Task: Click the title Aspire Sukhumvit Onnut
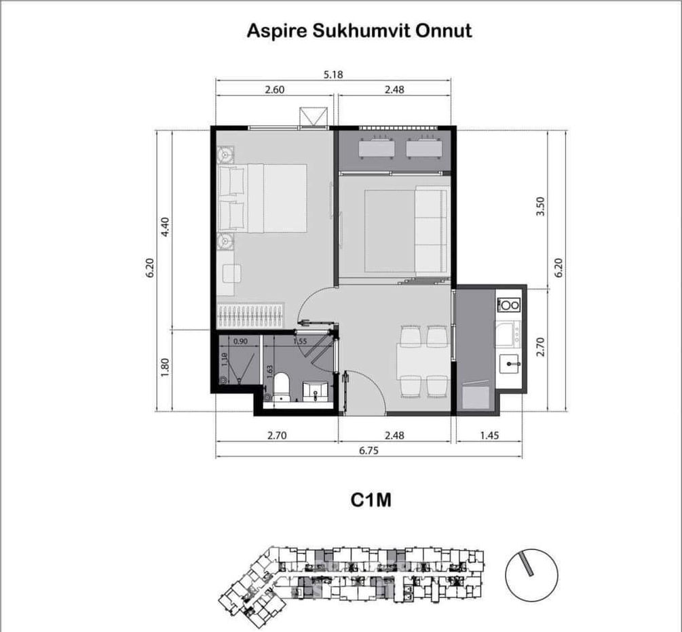coord(359,31)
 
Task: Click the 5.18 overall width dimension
coord(333,75)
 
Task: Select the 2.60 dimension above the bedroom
coord(274,89)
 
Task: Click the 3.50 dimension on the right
coord(540,207)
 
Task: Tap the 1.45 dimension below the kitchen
coord(489,436)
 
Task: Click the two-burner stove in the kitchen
coord(509,305)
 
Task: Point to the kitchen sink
coord(510,365)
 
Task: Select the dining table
coord(423,359)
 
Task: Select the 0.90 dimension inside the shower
coord(240,342)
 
